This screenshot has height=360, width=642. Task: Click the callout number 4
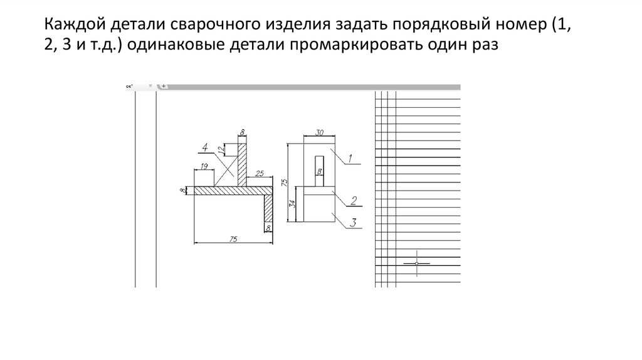click(x=204, y=147)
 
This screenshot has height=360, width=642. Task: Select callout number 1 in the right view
click(x=350, y=157)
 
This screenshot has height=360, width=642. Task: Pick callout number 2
click(x=354, y=201)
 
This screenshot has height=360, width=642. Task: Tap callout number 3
click(x=354, y=222)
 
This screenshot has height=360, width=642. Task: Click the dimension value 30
click(x=319, y=132)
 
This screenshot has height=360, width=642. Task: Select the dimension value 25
click(x=260, y=172)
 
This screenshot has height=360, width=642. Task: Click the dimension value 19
click(x=204, y=166)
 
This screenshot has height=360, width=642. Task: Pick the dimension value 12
click(x=221, y=150)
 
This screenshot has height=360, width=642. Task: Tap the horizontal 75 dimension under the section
click(x=233, y=239)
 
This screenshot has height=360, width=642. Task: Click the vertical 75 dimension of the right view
click(x=285, y=182)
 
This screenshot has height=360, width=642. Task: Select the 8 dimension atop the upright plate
click(x=241, y=132)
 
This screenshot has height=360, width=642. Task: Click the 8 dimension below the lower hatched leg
click(x=269, y=228)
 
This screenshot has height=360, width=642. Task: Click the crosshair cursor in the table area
click(x=417, y=263)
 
